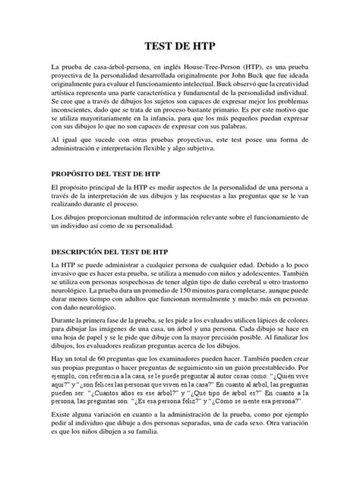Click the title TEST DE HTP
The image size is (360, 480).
179,46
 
